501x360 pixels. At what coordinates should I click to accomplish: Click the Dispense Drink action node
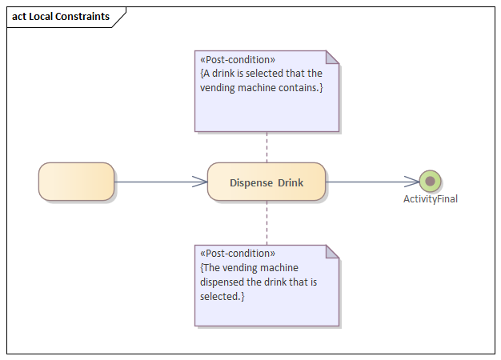[266, 182]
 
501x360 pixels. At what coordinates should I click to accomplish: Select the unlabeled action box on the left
[76, 182]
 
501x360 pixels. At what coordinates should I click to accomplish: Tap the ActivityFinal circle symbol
[430, 182]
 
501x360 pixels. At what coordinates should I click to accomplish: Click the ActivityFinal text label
[430, 199]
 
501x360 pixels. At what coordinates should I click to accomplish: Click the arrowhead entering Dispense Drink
[200, 182]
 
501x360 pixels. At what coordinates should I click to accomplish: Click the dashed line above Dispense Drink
[267, 146]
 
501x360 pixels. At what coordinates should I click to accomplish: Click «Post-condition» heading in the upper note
[238, 60]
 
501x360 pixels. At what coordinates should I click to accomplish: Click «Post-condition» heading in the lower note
[238, 254]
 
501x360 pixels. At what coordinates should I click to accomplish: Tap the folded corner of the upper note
[332, 57]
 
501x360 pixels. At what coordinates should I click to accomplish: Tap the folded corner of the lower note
[332, 251]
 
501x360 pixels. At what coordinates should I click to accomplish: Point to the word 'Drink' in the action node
[291, 182]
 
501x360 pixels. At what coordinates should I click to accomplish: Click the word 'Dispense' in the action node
[251, 182]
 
